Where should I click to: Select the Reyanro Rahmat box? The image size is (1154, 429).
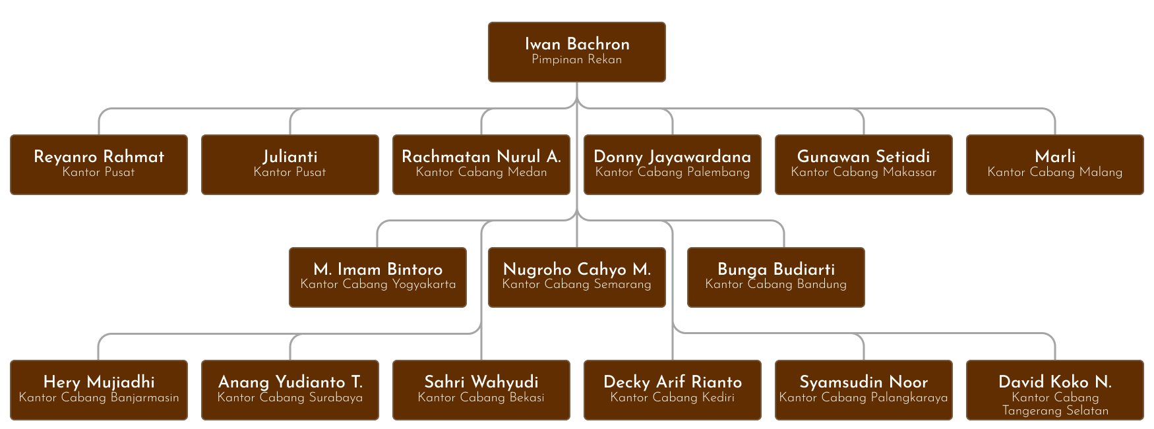[99, 165]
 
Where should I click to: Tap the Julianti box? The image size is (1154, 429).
[290, 165]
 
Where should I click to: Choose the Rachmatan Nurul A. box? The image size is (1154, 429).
[481, 165]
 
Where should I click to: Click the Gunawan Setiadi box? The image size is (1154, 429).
[864, 165]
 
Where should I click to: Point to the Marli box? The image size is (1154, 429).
[1055, 165]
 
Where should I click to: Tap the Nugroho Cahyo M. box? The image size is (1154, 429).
[577, 277]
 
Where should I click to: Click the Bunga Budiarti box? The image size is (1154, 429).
[776, 277]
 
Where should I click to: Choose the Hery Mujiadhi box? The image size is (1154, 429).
[99, 390]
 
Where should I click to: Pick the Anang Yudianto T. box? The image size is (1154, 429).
[290, 390]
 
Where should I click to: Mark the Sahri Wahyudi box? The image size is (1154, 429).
[481, 390]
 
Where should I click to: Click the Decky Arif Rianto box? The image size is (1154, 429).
[673, 390]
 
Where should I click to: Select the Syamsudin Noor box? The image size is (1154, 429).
[864, 390]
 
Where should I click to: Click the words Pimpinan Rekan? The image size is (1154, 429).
[577, 60]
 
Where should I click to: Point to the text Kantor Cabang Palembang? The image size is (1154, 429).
[673, 173]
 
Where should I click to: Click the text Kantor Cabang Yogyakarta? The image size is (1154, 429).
[378, 285]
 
